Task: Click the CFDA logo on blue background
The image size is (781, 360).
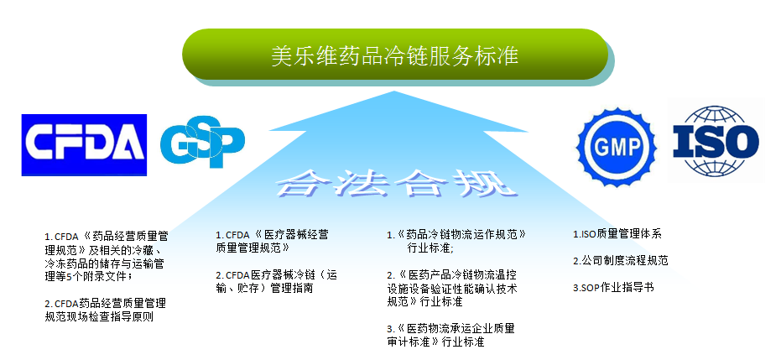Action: [84, 145]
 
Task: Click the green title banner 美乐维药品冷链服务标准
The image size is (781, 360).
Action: [395, 55]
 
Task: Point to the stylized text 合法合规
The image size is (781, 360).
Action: [396, 185]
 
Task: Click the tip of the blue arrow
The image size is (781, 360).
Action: [394, 91]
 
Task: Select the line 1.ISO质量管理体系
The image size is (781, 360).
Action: [617, 234]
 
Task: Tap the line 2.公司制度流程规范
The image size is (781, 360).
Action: [620, 260]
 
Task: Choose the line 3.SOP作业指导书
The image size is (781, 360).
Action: [613, 287]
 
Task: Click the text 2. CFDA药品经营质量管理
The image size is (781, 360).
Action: [105, 303]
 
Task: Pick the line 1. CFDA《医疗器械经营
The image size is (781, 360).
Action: [272, 235]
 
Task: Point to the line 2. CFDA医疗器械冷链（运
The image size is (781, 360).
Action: [277, 275]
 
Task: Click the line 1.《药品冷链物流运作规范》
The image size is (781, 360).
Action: [456, 234]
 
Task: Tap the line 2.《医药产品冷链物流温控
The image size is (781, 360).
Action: [452, 274]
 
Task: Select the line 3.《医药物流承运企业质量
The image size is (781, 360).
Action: [450, 329]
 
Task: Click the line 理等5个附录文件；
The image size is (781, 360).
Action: [89, 276]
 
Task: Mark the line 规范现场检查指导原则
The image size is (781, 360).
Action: [99, 316]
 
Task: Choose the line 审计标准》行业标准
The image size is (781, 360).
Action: [436, 342]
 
